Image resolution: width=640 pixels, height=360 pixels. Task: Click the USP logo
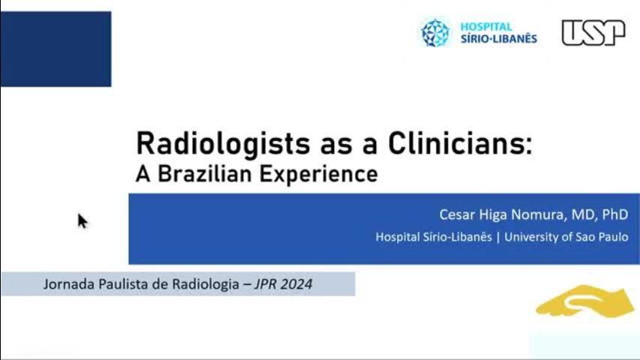point(594,33)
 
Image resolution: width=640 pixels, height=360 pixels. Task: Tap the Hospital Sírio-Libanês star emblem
point(435,33)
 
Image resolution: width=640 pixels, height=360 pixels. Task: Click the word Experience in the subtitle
point(319,175)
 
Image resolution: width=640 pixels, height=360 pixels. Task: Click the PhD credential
point(615,214)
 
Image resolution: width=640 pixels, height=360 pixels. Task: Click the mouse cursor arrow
point(82,221)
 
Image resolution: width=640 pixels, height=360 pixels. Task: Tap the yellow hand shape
point(585,301)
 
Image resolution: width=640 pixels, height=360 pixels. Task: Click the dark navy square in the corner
point(56,49)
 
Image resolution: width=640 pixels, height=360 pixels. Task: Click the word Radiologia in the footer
point(205,284)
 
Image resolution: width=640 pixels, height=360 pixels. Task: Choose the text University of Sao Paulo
point(566,237)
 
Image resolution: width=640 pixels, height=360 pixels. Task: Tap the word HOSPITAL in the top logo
point(486,26)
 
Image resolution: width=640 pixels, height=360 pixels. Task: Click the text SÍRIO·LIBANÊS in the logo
point(499,38)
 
